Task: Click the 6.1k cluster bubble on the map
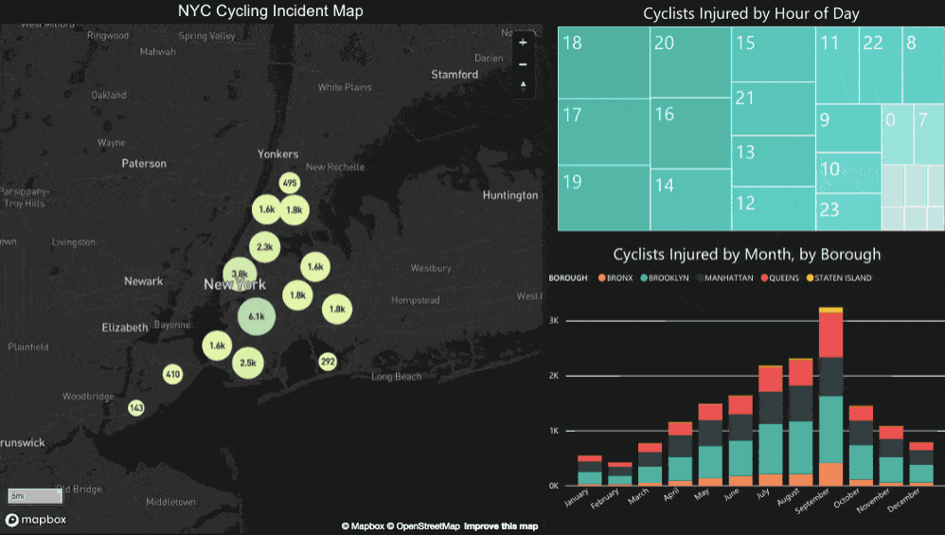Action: (256, 315)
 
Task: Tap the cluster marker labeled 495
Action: (290, 183)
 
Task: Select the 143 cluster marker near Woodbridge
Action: (136, 408)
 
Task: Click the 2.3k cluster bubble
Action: (264, 247)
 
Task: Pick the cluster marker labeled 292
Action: (328, 362)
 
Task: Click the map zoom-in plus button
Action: (523, 43)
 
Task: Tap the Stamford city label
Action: (455, 74)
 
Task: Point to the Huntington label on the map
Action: (509, 195)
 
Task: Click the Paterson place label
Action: (144, 163)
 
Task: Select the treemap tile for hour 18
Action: (602, 62)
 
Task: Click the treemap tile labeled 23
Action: (847, 210)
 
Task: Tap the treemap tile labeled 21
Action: (773, 107)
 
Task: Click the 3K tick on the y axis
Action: (555, 321)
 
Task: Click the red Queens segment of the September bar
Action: (830, 333)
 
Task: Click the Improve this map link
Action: (501, 526)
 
